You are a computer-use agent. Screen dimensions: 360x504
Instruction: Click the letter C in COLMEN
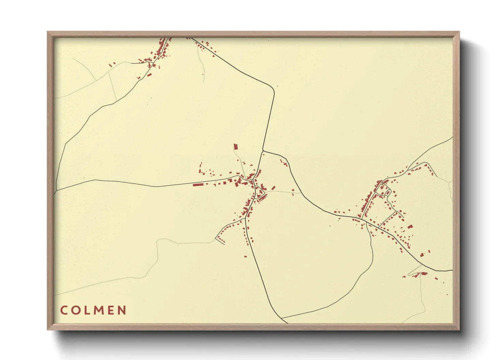[x=64, y=310]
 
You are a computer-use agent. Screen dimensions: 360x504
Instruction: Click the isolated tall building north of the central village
[x=235, y=147]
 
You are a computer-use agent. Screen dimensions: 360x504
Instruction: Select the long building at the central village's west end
[x=198, y=185]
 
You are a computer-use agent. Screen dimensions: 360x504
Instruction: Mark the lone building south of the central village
[x=245, y=256]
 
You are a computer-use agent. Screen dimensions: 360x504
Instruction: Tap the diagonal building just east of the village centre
[x=273, y=188]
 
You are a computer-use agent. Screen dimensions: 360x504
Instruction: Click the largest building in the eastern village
[x=410, y=226]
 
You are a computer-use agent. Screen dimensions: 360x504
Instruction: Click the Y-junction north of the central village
[x=263, y=151]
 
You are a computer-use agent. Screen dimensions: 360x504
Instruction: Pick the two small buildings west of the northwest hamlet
[x=112, y=64]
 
